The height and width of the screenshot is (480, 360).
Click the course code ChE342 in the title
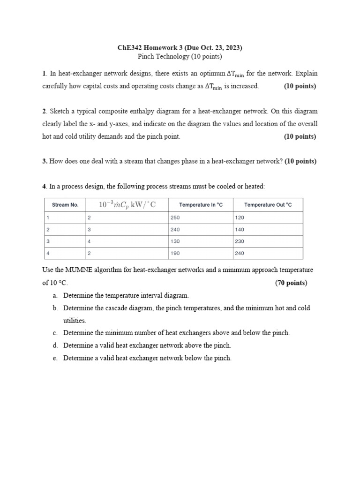pyautogui.click(x=130, y=48)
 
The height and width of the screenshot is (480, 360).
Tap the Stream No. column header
pyautogui.click(x=65, y=205)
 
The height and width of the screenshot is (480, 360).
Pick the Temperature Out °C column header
pyautogui.click(x=268, y=205)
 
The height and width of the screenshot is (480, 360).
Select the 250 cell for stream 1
pyautogui.click(x=175, y=217)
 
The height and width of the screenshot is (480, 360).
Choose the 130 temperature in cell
pyautogui.click(x=175, y=241)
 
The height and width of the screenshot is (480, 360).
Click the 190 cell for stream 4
pyautogui.click(x=175, y=254)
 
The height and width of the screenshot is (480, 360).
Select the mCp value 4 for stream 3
pyautogui.click(x=89, y=241)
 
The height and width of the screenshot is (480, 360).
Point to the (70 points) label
pyautogui.click(x=291, y=283)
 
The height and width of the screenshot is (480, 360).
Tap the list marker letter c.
pyautogui.click(x=55, y=333)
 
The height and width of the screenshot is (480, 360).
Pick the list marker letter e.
pyautogui.click(x=55, y=358)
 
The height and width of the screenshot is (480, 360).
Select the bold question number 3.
pyautogui.click(x=44, y=161)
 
